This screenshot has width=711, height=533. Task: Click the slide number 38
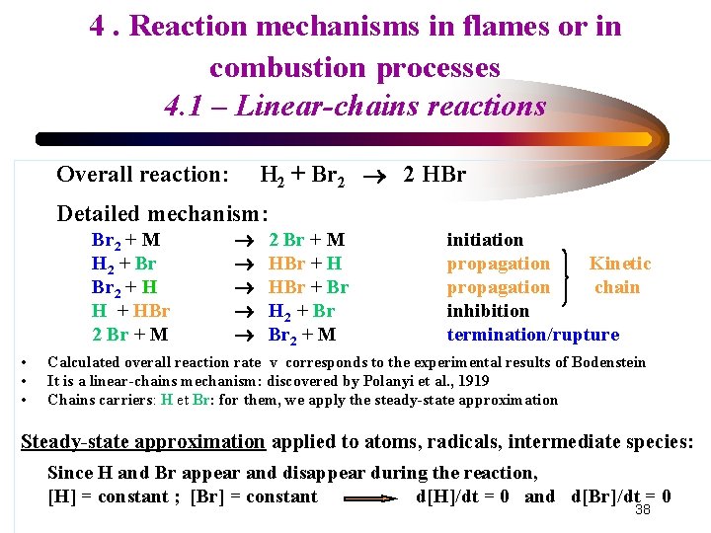[x=643, y=509]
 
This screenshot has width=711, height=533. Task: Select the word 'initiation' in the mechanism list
[x=485, y=240]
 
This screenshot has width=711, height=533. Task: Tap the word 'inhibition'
[x=488, y=311]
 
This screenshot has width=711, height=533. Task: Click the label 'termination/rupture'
[x=533, y=335]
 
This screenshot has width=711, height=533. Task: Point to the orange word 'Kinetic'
[x=620, y=264]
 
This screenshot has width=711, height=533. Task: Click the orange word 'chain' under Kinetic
[x=617, y=287]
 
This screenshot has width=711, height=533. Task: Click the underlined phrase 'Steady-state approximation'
[x=143, y=441]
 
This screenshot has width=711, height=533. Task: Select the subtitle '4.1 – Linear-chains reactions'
[x=355, y=106]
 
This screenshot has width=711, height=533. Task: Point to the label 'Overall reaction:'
[x=143, y=175]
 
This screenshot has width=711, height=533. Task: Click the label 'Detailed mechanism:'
[x=163, y=213]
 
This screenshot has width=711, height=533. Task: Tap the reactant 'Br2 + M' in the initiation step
[x=126, y=240]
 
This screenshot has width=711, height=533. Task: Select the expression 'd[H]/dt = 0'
[x=463, y=496]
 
